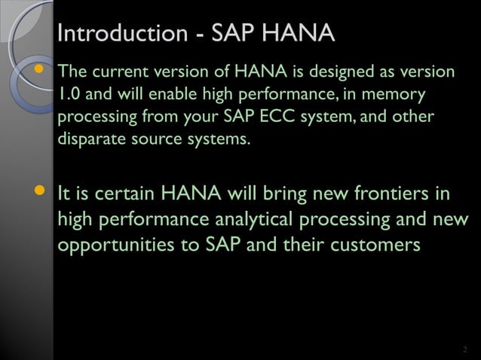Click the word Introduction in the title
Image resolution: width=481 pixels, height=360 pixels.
tap(121, 34)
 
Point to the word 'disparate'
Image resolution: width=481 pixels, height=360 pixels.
tap(87, 140)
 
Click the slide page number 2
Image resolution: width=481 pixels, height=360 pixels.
tap(464, 349)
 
